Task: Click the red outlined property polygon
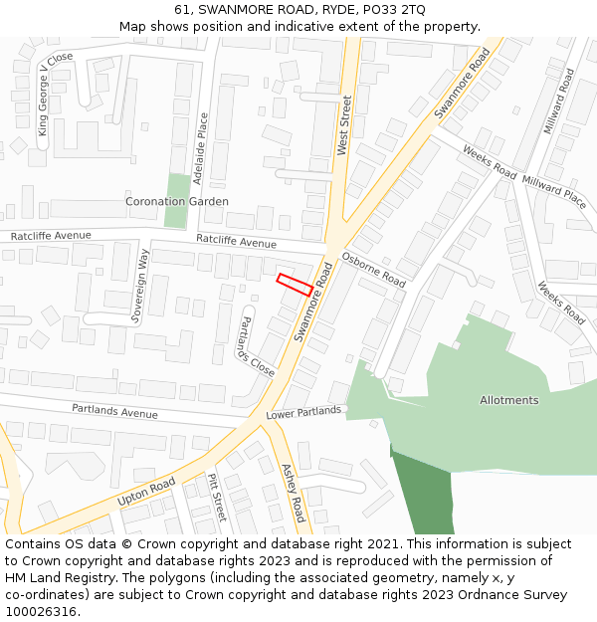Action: pos(295,284)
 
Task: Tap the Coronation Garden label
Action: pos(176,201)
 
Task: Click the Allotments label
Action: pos(508,400)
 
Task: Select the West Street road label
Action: pos(344,125)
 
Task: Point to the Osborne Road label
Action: pos(373,269)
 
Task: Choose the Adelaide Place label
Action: pos(204,145)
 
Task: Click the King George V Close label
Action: pos(56,94)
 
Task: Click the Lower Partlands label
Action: pos(303,411)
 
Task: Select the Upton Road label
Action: pos(146,491)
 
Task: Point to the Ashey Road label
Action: pos(293,492)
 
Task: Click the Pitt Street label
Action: pos(217,497)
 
